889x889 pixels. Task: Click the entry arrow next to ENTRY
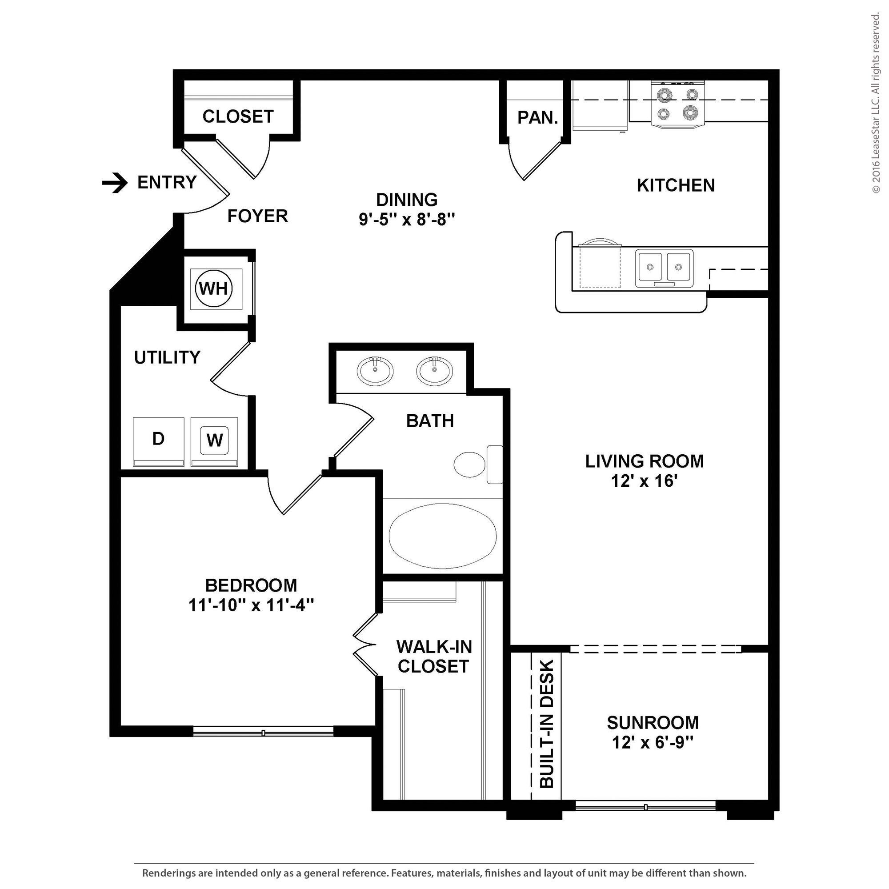115,183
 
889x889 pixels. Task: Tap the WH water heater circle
214,289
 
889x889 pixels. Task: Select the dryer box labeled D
158,441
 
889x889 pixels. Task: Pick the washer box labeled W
214,441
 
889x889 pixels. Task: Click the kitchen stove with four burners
677,104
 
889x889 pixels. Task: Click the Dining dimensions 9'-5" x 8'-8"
407,220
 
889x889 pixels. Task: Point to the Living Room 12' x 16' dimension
644,481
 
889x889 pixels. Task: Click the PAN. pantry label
537,118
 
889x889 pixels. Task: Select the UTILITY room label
167,357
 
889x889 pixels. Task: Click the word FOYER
258,216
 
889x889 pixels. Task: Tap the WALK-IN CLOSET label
433,656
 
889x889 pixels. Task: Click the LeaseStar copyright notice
876,104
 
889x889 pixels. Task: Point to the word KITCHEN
676,185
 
